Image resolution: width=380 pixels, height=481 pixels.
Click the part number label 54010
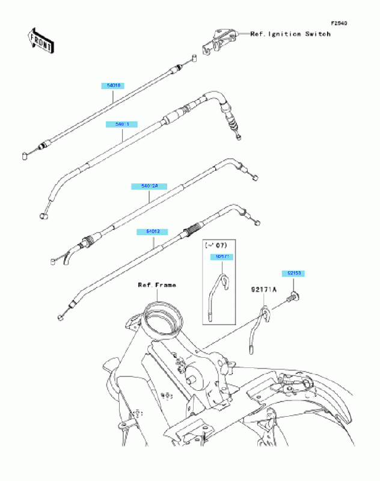[x=114, y=86]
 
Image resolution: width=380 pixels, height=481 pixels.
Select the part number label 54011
[x=122, y=124]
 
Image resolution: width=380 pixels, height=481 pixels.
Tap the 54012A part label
[x=149, y=186]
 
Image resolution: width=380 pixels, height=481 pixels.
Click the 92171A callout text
[x=263, y=289]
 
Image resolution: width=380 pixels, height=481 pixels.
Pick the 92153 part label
[x=295, y=274]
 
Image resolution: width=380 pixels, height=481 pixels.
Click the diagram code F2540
[x=339, y=23]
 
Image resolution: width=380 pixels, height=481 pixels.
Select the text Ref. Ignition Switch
[x=290, y=34]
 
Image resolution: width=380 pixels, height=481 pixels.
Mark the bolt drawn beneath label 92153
[x=293, y=295]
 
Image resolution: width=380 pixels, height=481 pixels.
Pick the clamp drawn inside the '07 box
[x=216, y=295]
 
